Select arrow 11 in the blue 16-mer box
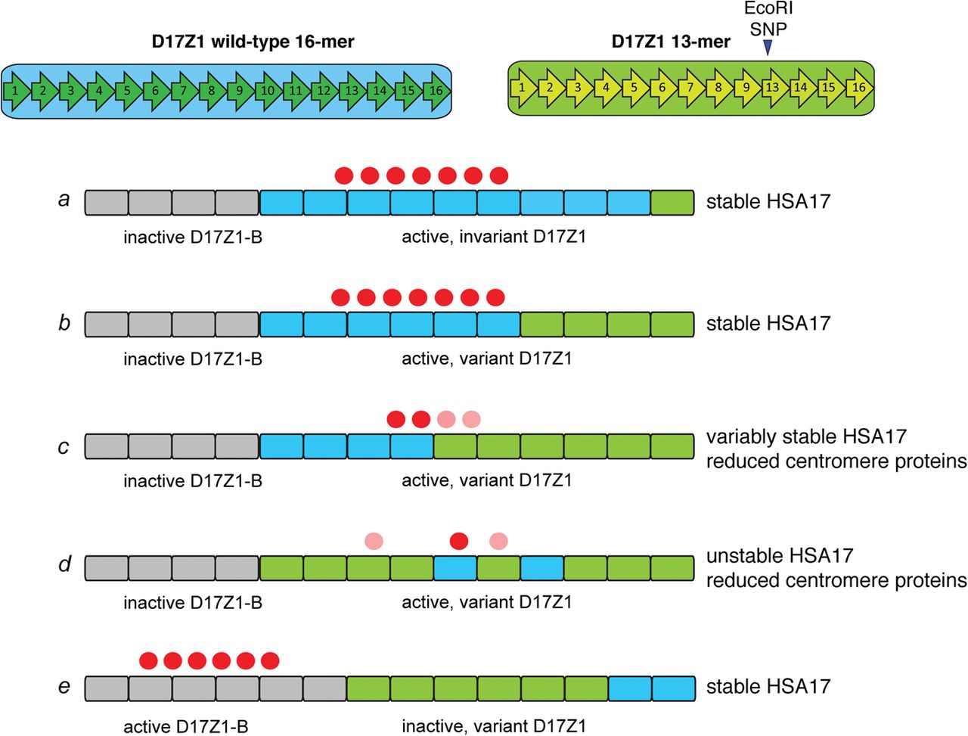[x=295, y=91]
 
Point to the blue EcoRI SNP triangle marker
[x=768, y=47]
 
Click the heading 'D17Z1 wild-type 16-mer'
[x=253, y=41]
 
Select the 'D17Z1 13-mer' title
[x=671, y=41]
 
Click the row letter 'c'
[x=64, y=446]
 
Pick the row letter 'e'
[x=64, y=686]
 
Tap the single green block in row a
[x=672, y=203]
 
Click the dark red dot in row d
[x=459, y=541]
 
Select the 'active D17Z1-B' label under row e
[x=186, y=726]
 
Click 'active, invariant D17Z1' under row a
[x=494, y=237]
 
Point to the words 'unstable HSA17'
[x=780, y=556]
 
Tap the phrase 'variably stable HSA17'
[x=806, y=436]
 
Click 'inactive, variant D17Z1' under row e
[x=494, y=726]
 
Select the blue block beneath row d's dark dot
[x=455, y=568]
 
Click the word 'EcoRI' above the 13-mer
[x=768, y=9]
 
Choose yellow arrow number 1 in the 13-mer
[x=523, y=87]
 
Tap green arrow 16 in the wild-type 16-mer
[x=436, y=91]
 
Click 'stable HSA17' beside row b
[x=768, y=323]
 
